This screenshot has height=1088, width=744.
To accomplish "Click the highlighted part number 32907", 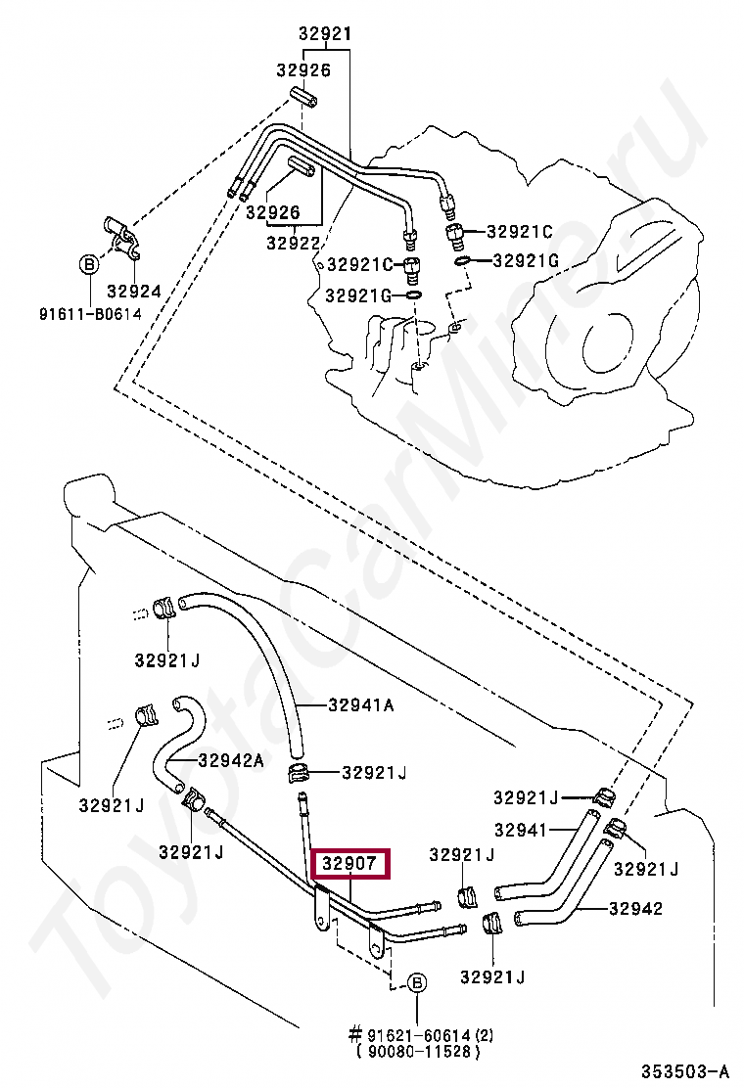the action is point(350,863).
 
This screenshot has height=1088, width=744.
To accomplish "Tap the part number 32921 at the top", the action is point(325,33).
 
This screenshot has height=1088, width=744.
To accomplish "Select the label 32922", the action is point(294,243).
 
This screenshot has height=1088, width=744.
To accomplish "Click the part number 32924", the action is point(134,292).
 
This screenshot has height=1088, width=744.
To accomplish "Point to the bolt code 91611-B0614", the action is point(90,314).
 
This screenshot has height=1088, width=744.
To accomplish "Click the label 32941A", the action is point(361,705).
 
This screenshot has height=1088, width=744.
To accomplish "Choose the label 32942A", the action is point(231,760).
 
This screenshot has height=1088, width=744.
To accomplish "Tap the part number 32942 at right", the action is point(635,908).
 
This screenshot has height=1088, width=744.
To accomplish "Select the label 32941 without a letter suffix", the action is point(521,829).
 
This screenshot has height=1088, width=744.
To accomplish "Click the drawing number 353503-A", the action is point(685,1071).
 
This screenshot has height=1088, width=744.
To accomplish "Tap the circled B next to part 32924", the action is point(89,264).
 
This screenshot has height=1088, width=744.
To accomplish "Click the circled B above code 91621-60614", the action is point(416,982).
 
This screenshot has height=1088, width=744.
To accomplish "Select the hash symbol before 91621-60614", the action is point(356,1035).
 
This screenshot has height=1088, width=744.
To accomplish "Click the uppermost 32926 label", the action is point(303,70).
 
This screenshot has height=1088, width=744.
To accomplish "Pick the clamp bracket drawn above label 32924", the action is point(122,238).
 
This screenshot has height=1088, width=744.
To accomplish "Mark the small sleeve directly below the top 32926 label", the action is point(304,96).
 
